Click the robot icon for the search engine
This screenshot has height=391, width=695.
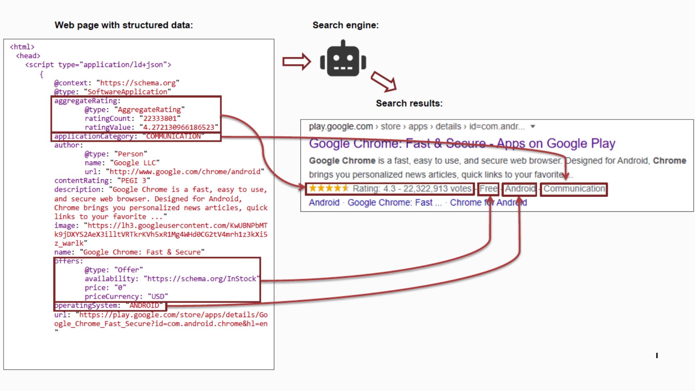(x=343, y=59)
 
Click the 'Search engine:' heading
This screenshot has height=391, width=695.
(x=345, y=25)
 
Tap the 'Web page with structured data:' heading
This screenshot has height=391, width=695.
(x=123, y=25)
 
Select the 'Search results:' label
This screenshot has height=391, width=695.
(x=409, y=103)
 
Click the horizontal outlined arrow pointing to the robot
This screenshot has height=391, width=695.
(x=296, y=62)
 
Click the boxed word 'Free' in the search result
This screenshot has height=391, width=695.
(x=488, y=189)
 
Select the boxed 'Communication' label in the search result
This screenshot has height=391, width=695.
(x=574, y=189)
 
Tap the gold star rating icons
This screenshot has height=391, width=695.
(x=328, y=188)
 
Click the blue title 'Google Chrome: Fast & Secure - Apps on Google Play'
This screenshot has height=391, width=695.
(x=462, y=143)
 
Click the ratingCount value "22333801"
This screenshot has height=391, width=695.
(x=160, y=118)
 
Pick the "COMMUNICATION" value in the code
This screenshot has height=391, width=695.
(x=173, y=136)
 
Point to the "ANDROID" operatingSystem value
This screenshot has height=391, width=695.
(x=144, y=306)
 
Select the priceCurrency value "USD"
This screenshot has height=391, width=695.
(x=158, y=297)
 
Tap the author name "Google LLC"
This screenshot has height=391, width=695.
(x=135, y=163)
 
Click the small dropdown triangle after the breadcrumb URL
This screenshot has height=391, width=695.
(x=532, y=126)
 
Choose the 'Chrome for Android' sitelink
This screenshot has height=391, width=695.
(x=488, y=202)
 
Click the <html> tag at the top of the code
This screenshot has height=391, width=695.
(x=22, y=47)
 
